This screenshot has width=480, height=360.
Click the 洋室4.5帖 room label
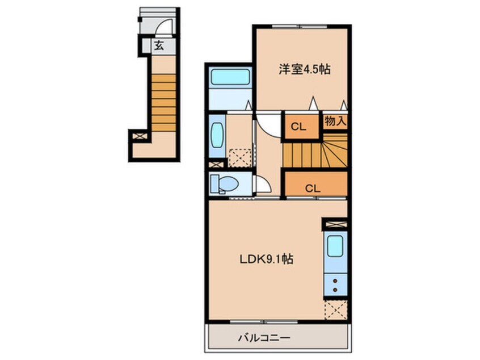304,69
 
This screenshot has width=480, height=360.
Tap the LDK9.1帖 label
265,259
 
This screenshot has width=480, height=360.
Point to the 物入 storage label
335,121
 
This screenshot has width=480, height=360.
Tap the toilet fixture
223,184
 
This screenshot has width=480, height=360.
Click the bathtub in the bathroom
230,77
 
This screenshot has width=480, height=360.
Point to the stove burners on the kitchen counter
335,284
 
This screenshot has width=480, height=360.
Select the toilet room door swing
262,185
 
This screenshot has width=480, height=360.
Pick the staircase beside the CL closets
315,152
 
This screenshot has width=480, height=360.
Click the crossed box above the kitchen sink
334,224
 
